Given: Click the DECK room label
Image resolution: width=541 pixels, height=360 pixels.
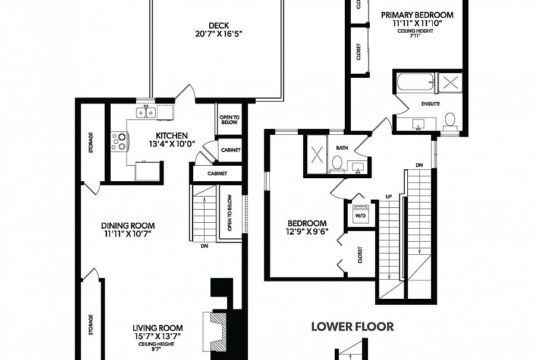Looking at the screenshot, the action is [x=218, y=26].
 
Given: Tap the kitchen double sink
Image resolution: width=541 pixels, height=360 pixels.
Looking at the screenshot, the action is [x=146, y=112].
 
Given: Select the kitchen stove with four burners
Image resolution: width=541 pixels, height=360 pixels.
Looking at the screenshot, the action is [x=119, y=141].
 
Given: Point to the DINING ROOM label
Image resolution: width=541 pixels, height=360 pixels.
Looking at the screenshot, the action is [x=127, y=226].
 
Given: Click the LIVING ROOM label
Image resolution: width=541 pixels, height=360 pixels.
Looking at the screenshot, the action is [x=157, y=328].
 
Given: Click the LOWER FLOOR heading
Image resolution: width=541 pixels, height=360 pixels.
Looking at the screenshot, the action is [x=353, y=326].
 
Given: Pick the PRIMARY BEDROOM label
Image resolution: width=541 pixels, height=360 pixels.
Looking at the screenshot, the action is [x=417, y=15].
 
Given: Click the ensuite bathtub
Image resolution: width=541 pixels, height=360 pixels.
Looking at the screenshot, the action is [x=415, y=83].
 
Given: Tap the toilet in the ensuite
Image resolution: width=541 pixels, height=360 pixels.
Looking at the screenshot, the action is [x=450, y=121].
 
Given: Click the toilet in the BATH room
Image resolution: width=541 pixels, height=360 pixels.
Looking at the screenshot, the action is [x=337, y=163].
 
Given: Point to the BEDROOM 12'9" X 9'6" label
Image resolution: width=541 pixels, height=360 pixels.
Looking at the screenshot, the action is [x=306, y=223].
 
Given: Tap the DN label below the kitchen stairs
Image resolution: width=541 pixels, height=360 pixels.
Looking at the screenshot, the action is [x=204, y=245].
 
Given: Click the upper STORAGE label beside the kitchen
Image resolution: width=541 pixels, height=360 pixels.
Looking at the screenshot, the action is [x=90, y=142].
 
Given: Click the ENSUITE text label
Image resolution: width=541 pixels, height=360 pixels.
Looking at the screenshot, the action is [x=430, y=103].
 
